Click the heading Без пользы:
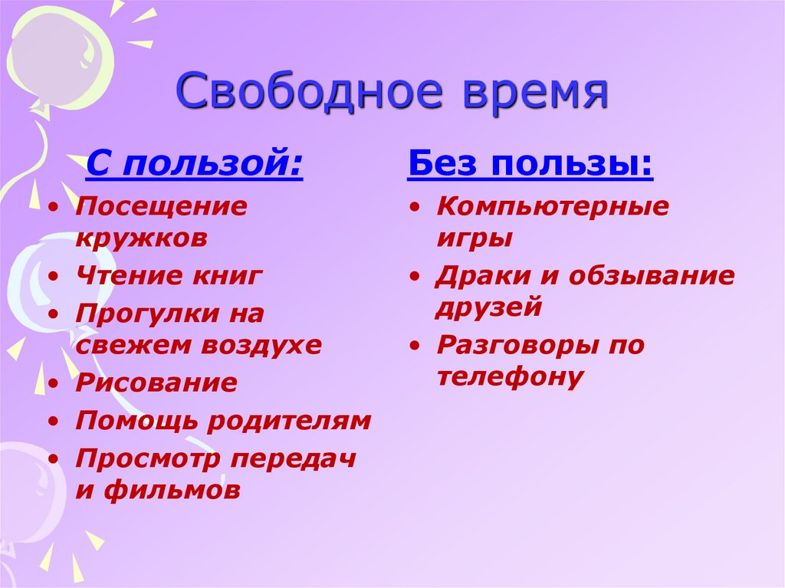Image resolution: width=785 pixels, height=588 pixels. coord(530,164)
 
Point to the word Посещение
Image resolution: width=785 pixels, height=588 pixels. coord(162,206)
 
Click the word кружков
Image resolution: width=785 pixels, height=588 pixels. coord(142,238)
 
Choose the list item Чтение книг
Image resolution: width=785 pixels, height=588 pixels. coord(169,276)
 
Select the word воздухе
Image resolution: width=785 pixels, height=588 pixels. coord(262,345)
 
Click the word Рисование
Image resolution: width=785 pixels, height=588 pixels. coord(156,383)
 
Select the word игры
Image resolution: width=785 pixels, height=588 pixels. coord(474,238)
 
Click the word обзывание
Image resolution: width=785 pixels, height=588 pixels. coord(652,276)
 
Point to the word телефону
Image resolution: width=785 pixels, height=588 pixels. coord(511,376)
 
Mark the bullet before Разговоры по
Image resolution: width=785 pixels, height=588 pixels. coord(414,347)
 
